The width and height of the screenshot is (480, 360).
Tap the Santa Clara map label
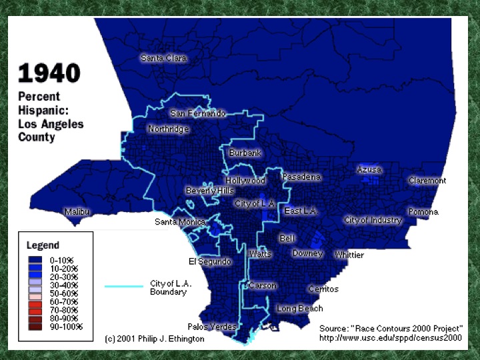click(163, 58)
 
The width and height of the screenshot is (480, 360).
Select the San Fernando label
click(198, 113)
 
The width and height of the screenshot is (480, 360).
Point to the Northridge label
click(169, 129)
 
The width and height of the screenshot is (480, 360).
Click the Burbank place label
click(245, 153)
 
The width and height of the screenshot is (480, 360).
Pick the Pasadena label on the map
click(301, 177)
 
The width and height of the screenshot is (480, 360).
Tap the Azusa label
click(369, 170)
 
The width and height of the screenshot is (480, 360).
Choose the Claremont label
click(427, 181)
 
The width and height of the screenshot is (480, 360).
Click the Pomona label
click(423, 212)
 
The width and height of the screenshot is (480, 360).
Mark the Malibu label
click(77, 212)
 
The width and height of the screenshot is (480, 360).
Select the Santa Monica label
click(180, 222)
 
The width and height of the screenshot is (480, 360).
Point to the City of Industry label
click(373, 220)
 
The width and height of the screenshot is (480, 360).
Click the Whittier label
click(349, 255)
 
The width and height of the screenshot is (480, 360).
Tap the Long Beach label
click(300, 309)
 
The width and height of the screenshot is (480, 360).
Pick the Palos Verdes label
click(212, 327)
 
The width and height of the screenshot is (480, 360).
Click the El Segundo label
click(210, 262)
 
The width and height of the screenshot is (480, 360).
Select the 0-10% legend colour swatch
click(37, 259)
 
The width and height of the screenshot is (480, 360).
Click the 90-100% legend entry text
click(66, 327)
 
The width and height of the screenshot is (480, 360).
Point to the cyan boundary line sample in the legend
click(125, 286)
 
